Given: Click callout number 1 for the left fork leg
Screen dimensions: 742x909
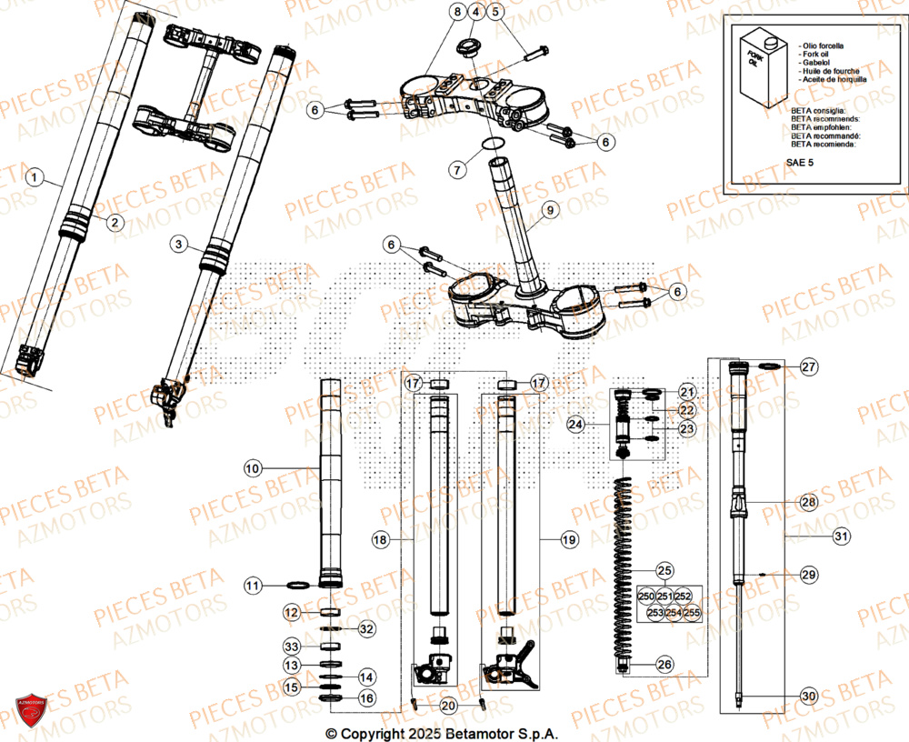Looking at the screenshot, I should click(34, 178).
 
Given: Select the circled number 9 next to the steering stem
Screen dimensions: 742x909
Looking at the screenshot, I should click(548, 211).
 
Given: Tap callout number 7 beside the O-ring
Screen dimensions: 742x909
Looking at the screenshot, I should click(457, 168).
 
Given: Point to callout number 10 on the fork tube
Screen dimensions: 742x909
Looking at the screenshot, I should click(252, 468).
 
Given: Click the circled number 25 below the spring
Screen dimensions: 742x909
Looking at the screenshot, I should click(664, 571).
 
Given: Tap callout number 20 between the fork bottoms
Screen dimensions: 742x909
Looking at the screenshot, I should click(447, 706).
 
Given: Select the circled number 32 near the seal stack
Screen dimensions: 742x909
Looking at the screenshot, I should click(365, 628).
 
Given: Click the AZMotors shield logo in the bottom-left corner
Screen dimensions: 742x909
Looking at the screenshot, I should click(32, 709).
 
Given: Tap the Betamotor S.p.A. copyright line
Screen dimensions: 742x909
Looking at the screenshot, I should click(442, 733).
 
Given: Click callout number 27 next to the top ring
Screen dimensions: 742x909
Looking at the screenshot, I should click(808, 366).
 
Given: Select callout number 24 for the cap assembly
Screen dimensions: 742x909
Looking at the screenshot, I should click(574, 424).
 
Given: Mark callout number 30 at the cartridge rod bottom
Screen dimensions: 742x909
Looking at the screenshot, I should click(808, 697).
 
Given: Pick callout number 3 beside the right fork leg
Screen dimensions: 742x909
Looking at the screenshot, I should click(178, 244).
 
